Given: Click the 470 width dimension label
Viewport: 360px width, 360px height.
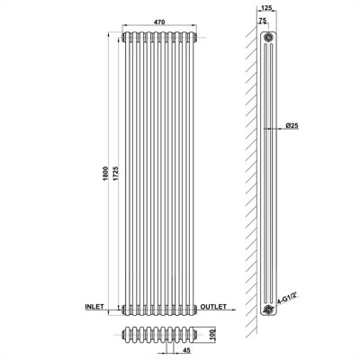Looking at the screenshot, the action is [x=159, y=22].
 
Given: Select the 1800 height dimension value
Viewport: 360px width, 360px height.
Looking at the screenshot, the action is [x=104, y=174].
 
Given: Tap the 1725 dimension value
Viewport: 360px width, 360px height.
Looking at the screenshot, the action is [x=116, y=174].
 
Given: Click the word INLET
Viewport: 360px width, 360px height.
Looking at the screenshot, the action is [x=94, y=307].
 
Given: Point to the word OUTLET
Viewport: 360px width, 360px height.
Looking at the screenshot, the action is [x=213, y=307].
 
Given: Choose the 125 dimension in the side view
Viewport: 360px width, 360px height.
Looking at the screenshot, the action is [x=266, y=8].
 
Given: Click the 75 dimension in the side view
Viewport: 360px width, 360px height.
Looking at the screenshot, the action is [x=262, y=21].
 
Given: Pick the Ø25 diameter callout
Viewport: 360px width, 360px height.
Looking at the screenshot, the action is [x=292, y=126].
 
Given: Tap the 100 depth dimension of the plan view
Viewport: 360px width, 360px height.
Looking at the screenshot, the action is [x=212, y=333].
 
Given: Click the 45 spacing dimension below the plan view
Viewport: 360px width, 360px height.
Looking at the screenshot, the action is [x=186, y=350].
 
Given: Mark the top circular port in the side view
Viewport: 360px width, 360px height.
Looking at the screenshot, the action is [x=268, y=38].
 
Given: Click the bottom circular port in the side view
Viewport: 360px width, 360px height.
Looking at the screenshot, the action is [x=267, y=310].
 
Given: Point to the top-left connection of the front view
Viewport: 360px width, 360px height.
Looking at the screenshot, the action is [x=123, y=38].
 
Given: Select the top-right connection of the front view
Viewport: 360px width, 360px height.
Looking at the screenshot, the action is [x=195, y=38].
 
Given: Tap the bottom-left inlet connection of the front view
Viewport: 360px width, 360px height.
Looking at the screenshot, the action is [x=123, y=309].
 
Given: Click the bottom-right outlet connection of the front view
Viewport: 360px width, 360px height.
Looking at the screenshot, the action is [x=195, y=309].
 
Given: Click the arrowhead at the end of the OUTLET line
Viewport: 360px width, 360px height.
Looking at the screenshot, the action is [x=234, y=309].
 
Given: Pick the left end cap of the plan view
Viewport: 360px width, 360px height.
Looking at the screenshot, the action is [x=124, y=334].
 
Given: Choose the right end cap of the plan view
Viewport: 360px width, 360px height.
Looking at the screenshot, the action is [x=196, y=334].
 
